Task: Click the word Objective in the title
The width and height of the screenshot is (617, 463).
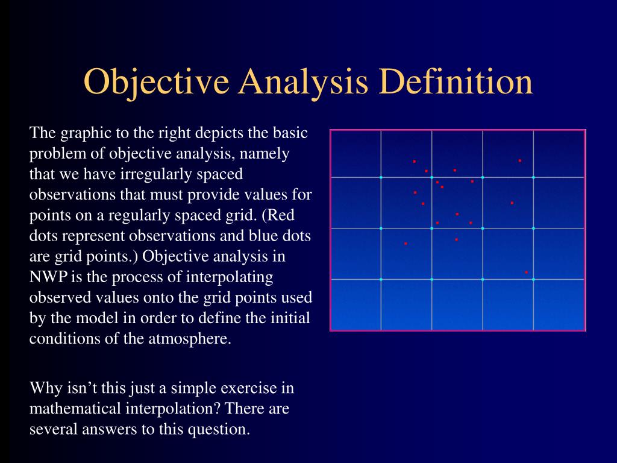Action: tap(156, 82)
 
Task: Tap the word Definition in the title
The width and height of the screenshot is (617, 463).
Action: tap(456, 81)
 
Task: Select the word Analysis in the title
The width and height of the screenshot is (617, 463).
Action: tap(303, 82)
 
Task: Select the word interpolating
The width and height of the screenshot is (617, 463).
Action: tap(230, 277)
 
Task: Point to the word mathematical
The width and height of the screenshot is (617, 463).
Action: tap(75, 409)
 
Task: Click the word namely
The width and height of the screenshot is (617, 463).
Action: tap(265, 154)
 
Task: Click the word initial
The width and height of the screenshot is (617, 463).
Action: tap(290, 318)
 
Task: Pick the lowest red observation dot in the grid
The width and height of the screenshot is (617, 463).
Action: tap(526, 272)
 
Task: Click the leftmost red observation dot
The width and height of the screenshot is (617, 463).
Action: tap(406, 244)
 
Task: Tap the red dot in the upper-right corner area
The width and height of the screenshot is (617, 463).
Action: tap(520, 160)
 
